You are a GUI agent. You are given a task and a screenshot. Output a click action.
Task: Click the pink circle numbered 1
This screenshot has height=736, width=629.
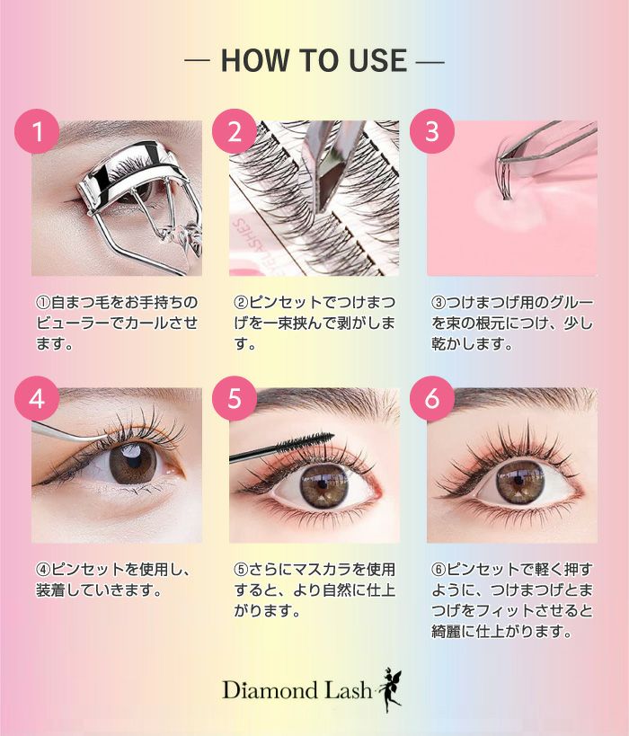(x=37, y=131)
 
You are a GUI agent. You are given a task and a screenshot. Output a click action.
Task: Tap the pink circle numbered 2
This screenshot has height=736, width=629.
(x=235, y=131)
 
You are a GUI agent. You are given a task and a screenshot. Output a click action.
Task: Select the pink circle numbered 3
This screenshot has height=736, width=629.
(x=432, y=131)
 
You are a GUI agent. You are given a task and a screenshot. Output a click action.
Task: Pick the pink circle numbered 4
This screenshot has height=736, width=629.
(x=37, y=398)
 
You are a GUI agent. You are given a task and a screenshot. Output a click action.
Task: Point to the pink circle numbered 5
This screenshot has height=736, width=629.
(x=235, y=398)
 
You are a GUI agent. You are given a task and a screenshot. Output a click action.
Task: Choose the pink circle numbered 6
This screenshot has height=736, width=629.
(x=432, y=398)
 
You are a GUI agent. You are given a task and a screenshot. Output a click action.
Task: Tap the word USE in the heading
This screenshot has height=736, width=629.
(x=378, y=60)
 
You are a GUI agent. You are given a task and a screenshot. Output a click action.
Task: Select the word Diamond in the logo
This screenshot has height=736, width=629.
(x=270, y=690)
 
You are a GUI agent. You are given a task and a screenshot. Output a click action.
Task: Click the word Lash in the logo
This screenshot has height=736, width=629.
(x=348, y=690)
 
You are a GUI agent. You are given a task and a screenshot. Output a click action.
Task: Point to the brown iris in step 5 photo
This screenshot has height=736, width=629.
(x=323, y=486)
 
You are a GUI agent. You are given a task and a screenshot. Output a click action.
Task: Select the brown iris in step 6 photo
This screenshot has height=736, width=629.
(x=520, y=483)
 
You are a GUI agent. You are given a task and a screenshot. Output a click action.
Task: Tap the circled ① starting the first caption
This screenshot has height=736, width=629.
(x=43, y=302)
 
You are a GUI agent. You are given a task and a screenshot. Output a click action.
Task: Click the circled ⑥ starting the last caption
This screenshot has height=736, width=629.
(x=439, y=570)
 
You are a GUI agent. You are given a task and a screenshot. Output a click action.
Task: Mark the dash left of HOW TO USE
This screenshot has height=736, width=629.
(x=197, y=60)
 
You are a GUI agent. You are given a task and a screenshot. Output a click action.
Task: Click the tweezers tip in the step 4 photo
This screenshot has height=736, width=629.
(x=107, y=437)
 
